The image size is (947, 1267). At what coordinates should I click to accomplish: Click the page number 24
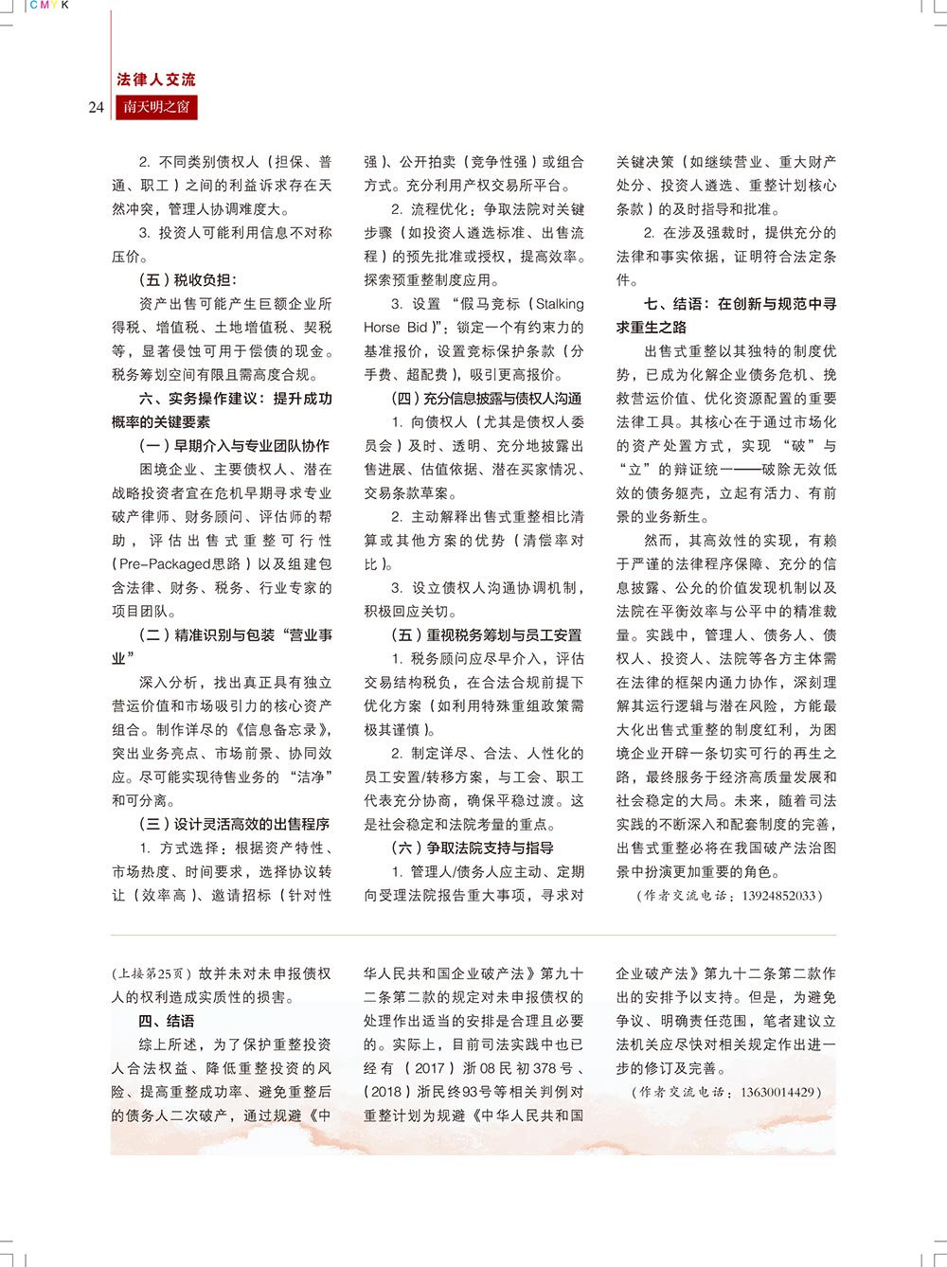96,107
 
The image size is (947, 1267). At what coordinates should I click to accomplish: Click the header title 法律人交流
156,80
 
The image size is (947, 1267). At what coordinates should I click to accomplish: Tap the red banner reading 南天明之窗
156,107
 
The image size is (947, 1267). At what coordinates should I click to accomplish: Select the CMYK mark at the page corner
49,6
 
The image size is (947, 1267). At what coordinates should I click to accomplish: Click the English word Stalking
560,304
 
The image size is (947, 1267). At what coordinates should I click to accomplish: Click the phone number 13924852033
779,896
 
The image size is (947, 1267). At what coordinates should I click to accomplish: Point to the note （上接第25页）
152,973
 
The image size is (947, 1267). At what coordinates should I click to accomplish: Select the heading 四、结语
167,1021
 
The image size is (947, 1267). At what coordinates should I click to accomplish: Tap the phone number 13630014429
779,1092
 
